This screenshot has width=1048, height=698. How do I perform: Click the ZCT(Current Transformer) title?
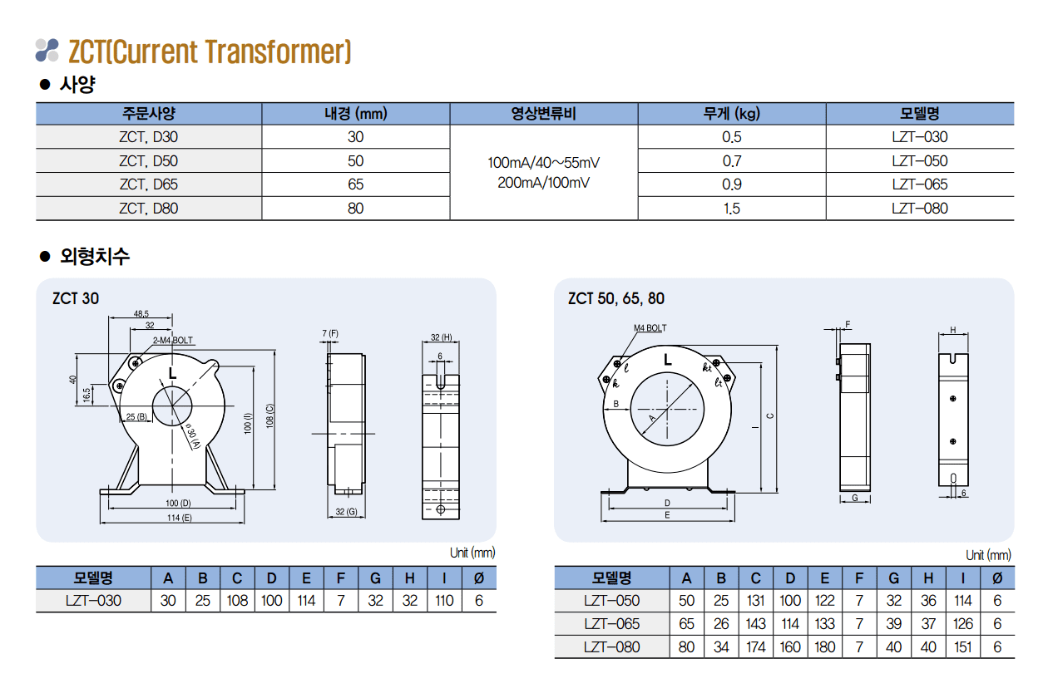point(210,52)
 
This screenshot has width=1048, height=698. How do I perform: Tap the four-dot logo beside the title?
point(47,50)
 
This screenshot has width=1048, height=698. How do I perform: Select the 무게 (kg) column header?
point(732,114)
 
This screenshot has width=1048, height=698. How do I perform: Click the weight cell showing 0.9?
point(732,184)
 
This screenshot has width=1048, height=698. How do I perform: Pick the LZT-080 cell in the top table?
point(919,208)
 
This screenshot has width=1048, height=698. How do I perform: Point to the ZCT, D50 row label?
point(148,161)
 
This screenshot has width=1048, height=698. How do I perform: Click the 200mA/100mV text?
point(544,182)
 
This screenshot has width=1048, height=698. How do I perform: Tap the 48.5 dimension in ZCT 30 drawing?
point(141,314)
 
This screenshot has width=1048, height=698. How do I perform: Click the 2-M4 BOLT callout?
point(173,341)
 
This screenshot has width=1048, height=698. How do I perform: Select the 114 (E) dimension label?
point(179,518)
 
